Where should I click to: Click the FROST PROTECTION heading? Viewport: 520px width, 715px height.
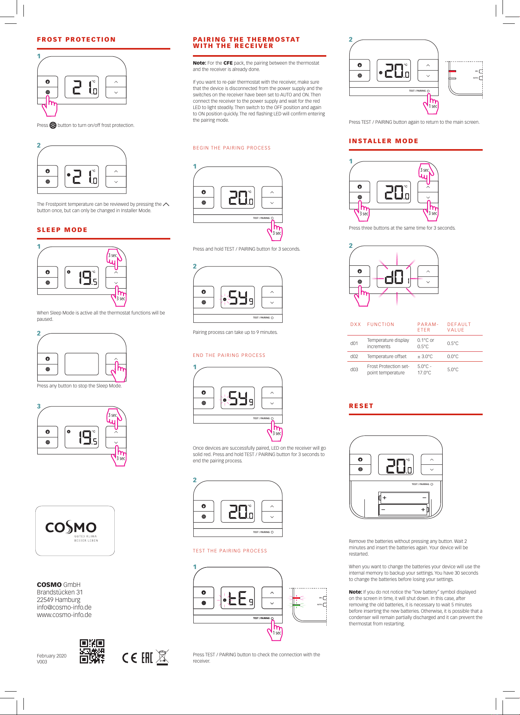[76, 40]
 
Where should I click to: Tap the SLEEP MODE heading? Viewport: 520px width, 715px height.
[62, 230]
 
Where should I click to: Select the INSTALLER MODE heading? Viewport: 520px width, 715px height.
[383, 141]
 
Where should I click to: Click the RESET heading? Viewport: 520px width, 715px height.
[361, 406]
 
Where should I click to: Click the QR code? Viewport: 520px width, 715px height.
[92, 651]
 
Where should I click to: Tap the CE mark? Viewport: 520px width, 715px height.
[129, 658]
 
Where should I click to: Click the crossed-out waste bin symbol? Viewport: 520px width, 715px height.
[162, 657]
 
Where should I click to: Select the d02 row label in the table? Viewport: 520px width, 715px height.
[354, 357]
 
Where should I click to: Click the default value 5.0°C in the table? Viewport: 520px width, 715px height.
[453, 370]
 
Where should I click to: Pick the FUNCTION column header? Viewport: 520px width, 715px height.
[380, 324]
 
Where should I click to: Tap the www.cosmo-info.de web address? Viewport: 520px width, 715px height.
[64, 615]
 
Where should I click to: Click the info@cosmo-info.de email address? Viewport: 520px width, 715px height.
[64, 608]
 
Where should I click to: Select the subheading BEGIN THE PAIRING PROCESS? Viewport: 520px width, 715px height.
[231, 148]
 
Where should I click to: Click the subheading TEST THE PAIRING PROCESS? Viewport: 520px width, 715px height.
[230, 551]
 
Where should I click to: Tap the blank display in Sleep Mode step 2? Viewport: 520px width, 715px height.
[82, 364]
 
